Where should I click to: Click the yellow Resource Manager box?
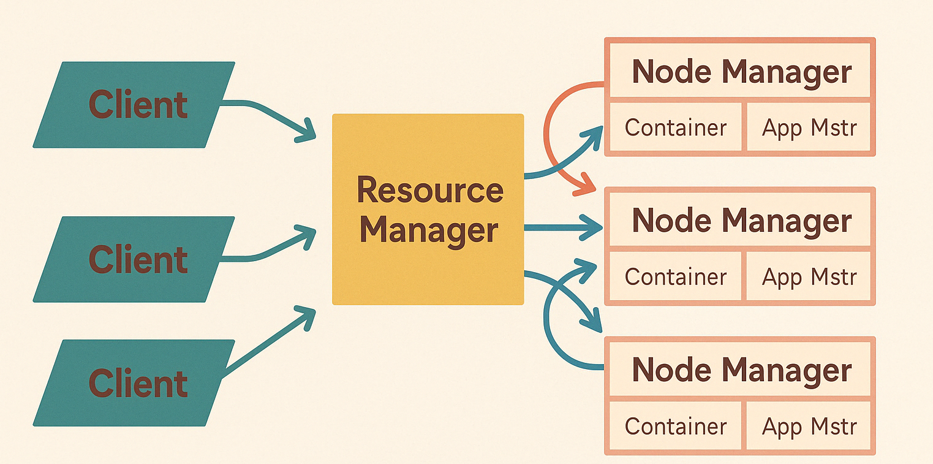(428, 270)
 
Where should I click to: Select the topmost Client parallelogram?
(134, 105)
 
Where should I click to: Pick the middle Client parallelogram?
(134, 259)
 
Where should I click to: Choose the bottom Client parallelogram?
(134, 383)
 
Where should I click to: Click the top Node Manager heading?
(741, 72)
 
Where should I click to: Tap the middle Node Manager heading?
(741, 220)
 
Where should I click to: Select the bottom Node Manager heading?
(741, 370)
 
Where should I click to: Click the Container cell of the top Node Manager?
(675, 127)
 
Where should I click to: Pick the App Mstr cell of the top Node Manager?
(809, 127)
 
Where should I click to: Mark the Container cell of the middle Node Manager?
(675, 277)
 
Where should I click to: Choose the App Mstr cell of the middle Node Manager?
(809, 277)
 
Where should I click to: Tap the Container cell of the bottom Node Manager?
(675, 426)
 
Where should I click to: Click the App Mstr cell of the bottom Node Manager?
(809, 426)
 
